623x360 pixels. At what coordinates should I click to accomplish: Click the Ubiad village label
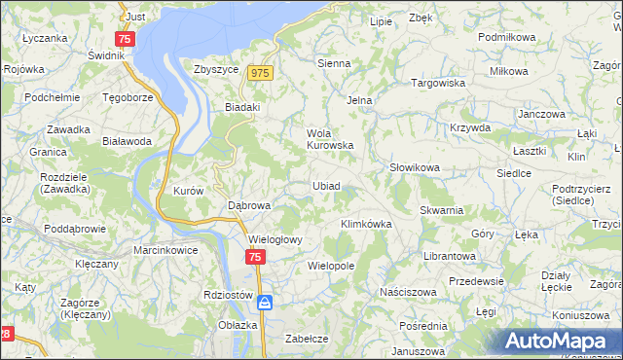(326, 186)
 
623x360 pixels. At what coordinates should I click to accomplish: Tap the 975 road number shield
(259, 74)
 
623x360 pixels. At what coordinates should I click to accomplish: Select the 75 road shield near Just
(125, 39)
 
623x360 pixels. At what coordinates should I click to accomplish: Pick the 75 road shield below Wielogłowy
(254, 257)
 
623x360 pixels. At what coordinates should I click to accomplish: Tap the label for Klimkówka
(365, 224)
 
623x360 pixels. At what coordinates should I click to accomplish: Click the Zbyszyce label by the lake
(216, 69)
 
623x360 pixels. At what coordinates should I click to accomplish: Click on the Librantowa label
(449, 256)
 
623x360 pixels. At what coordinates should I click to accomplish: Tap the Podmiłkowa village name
(507, 36)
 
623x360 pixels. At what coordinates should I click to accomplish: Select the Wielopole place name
(330, 265)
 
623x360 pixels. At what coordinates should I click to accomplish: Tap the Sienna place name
(334, 63)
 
